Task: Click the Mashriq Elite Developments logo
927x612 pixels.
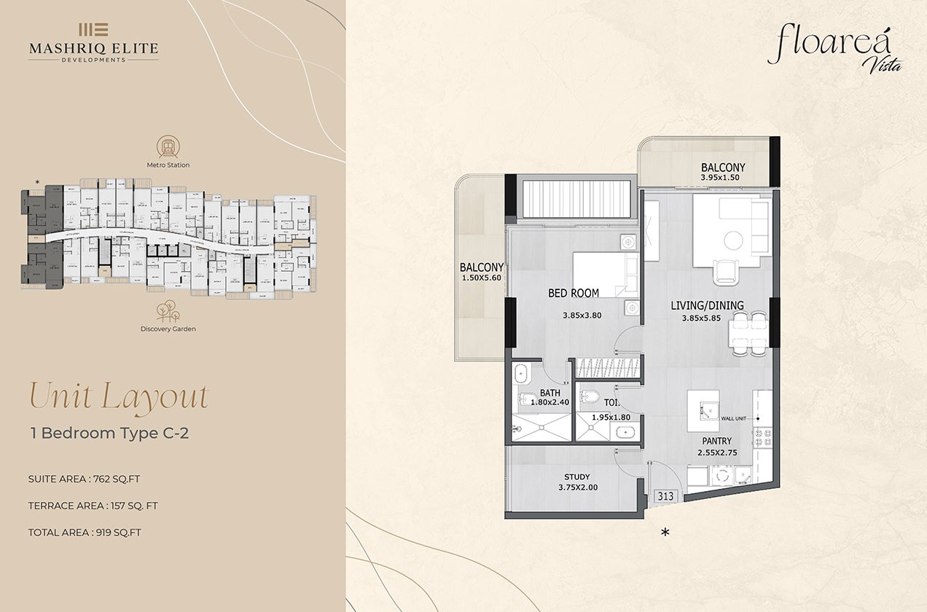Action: (93, 42)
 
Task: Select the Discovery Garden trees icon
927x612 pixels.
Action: (168, 310)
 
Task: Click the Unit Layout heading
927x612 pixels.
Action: (118, 396)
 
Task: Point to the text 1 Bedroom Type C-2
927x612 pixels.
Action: (109, 433)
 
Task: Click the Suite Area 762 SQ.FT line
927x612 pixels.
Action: (85, 479)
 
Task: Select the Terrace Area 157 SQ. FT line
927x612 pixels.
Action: (93, 506)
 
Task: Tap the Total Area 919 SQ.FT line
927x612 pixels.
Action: (85, 533)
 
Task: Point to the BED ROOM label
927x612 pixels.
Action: (574, 294)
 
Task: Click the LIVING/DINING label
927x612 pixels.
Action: (707, 306)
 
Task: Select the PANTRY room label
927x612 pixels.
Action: (716, 442)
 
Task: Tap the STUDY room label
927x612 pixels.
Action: (576, 477)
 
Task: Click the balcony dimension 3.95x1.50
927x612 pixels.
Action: (720, 177)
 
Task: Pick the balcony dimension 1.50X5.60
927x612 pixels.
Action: (482, 278)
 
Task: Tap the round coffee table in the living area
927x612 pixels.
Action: (733, 240)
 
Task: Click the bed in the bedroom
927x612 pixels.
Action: (598, 275)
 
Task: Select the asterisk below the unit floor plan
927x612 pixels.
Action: (665, 533)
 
